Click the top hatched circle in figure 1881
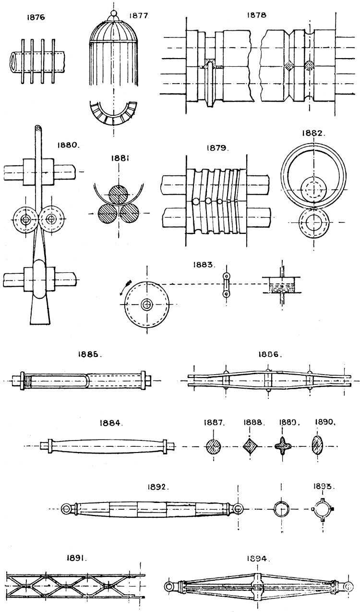tap(119, 196)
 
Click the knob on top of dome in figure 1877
tap(114, 13)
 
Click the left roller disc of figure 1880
tap(23, 219)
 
